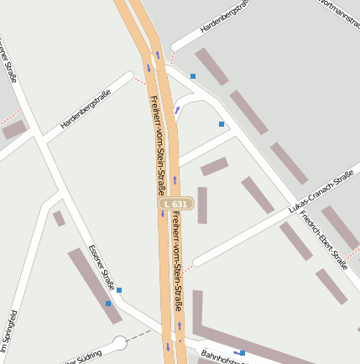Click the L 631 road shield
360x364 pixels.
coord(176,203)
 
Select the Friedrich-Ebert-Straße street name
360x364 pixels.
coord(324,240)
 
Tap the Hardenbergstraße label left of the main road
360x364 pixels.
coord(86,114)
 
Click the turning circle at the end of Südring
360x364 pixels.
coord(119,342)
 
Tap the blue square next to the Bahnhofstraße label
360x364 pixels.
coord(243,352)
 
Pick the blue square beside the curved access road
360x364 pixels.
coord(222,124)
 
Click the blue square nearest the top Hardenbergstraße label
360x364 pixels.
coord(193,75)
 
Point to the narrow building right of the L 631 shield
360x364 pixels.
coord(202,205)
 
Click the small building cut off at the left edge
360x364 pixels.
coord(13,130)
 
